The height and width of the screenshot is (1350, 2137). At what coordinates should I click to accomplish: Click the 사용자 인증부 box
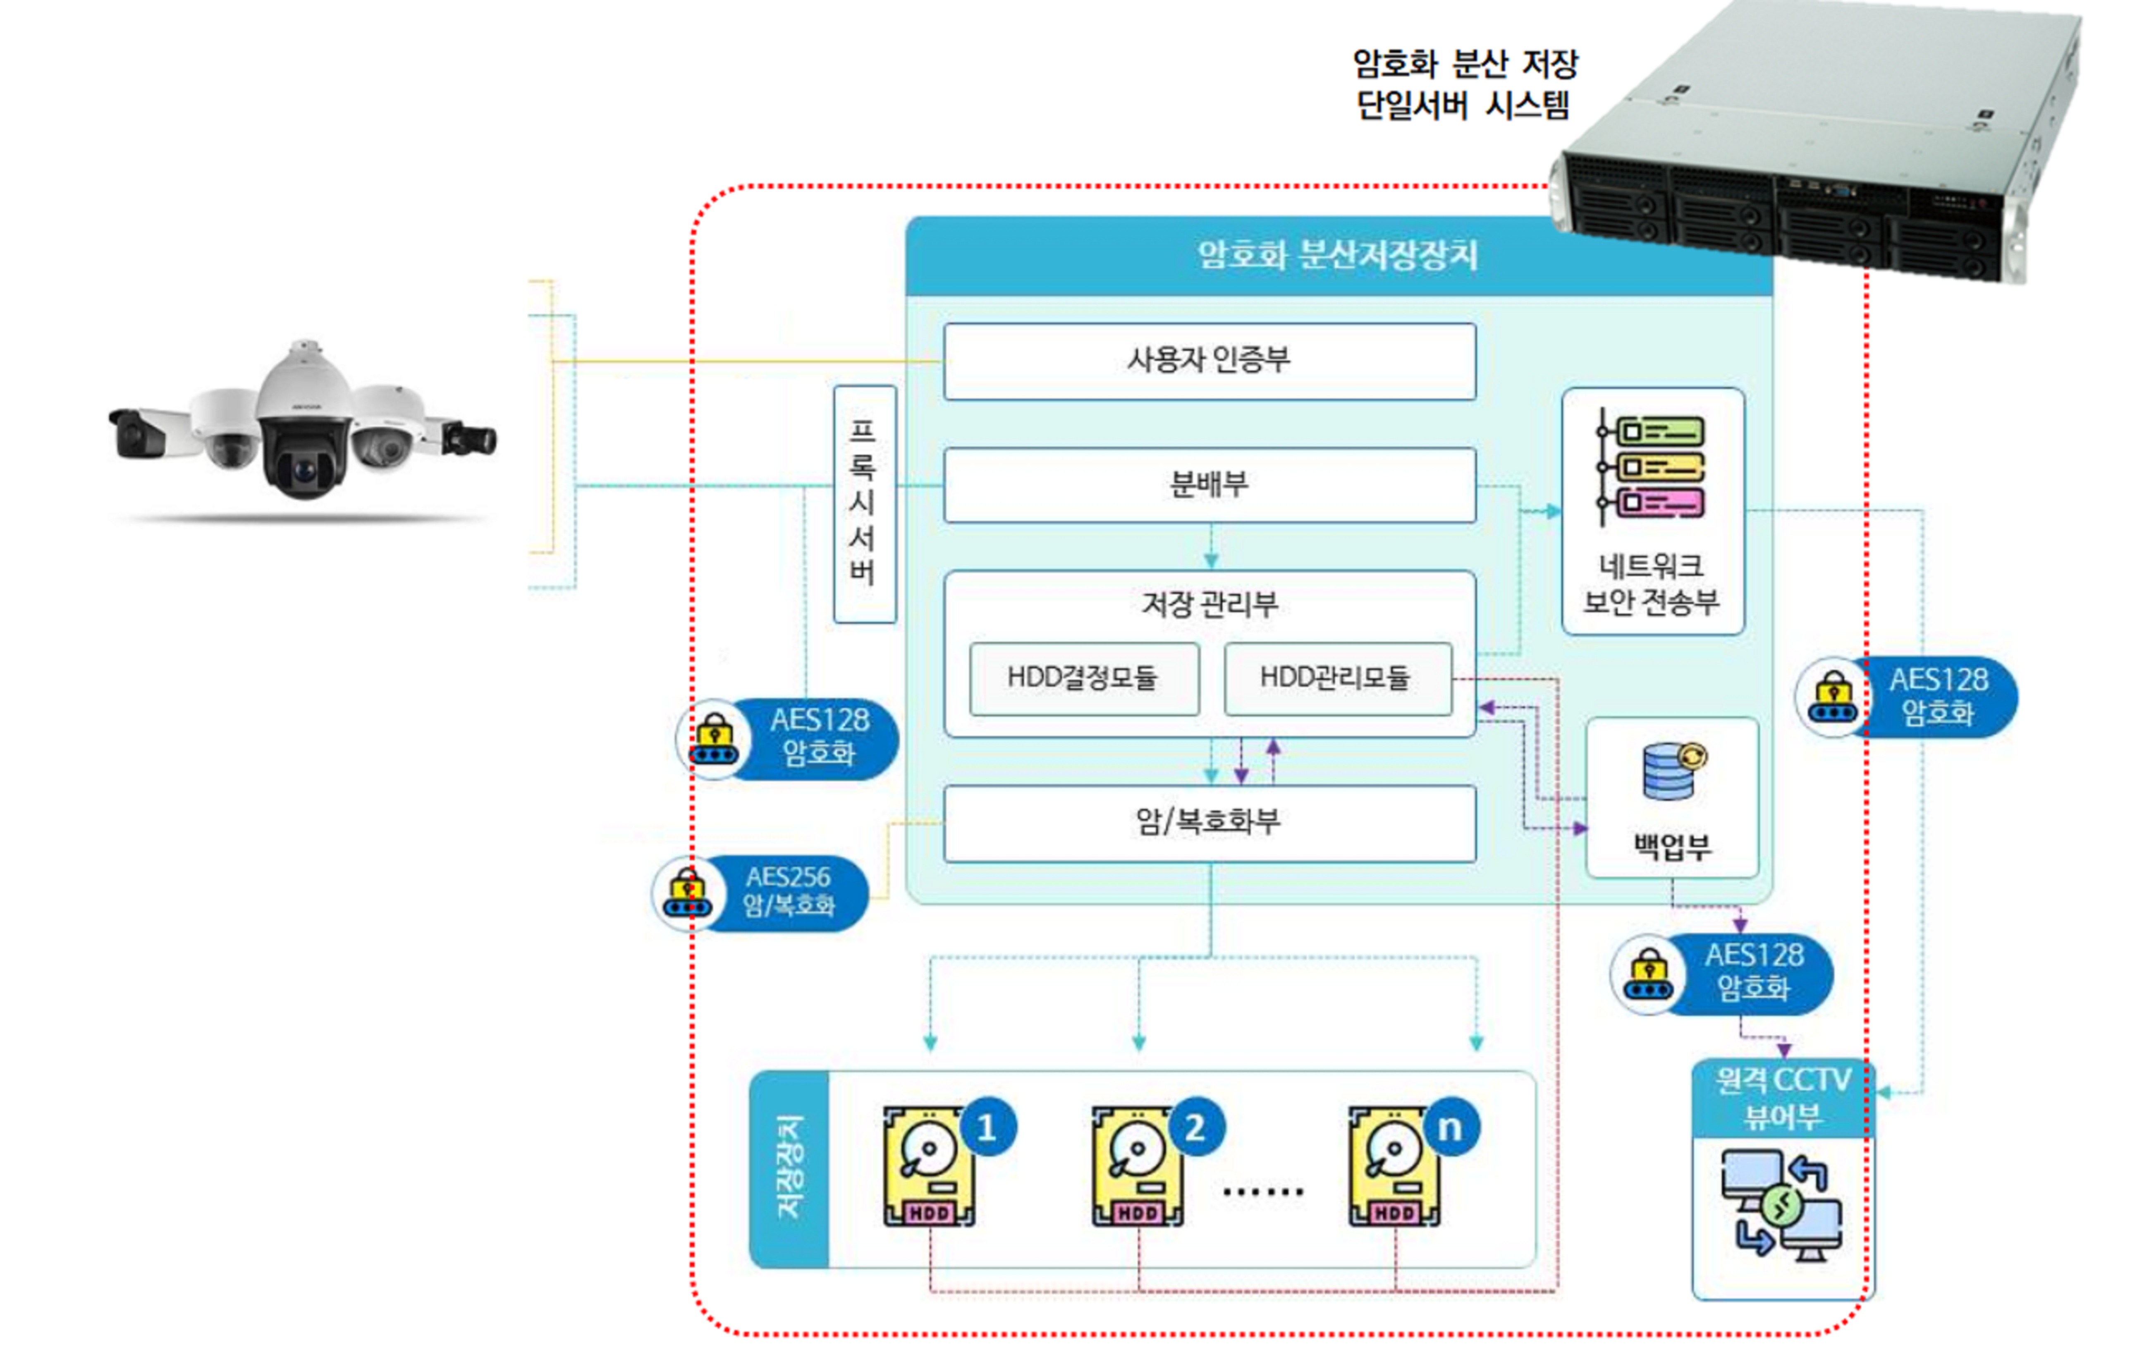(1209, 360)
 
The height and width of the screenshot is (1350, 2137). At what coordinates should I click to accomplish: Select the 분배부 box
(1209, 485)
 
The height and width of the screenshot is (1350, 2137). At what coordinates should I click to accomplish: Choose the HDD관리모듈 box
(1336, 678)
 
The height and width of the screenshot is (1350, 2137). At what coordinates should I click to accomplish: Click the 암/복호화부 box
(1209, 822)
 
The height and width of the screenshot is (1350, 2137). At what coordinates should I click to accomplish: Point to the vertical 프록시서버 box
(863, 503)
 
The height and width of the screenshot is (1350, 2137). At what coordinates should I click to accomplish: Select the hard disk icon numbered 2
(1138, 1166)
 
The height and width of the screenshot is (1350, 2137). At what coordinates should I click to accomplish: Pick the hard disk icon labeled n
(1394, 1166)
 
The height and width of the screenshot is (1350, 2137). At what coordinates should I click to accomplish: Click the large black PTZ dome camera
(304, 424)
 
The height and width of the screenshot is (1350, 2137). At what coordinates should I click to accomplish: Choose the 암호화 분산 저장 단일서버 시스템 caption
(1464, 84)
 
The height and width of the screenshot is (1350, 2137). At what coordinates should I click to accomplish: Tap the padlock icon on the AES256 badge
(688, 891)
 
